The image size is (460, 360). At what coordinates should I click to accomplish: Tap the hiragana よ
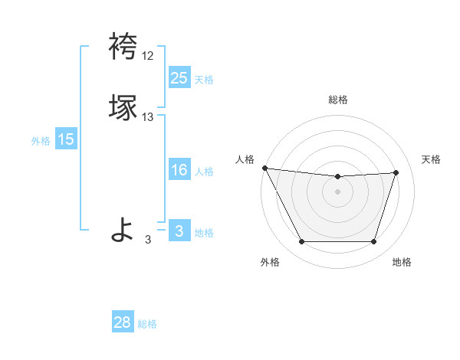tap(123, 229)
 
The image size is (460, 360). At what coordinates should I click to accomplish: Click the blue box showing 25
tap(179, 77)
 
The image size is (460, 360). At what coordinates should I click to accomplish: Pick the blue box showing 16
tap(179, 170)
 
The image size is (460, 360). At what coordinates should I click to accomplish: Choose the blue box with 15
tap(65, 139)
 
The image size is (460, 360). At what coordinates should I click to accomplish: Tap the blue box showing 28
tap(123, 322)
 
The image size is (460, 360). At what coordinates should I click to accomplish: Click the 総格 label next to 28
tap(147, 324)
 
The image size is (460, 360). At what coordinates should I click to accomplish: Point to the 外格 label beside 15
tap(40, 141)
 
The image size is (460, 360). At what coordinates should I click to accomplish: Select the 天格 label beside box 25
tap(204, 79)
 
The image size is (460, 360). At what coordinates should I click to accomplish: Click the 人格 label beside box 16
tap(204, 172)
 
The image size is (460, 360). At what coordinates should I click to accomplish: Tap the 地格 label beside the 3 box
tap(204, 233)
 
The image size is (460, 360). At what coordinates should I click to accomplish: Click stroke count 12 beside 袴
tap(147, 56)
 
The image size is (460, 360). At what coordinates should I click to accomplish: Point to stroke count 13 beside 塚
tap(147, 117)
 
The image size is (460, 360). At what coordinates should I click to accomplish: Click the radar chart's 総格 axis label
tap(337, 100)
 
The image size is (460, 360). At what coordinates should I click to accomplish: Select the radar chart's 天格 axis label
tap(431, 159)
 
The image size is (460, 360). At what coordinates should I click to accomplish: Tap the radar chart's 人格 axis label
tap(245, 159)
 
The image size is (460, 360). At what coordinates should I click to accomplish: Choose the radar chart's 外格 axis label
tap(270, 263)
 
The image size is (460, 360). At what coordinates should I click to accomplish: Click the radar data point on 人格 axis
tap(264, 167)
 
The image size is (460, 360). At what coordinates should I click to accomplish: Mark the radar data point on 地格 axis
tap(373, 242)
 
